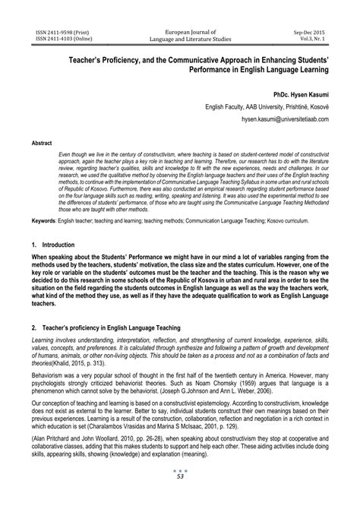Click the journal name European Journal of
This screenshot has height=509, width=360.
[x=181, y=12]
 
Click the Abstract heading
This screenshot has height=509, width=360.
[x=42, y=143]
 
